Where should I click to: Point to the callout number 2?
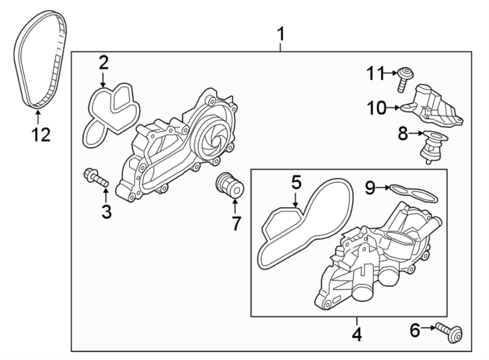coord(103,63)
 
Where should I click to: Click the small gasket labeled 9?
coord(413,190)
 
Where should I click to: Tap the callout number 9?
coord(369,188)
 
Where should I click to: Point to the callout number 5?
coord(296,183)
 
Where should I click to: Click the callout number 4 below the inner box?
coord(356,333)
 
